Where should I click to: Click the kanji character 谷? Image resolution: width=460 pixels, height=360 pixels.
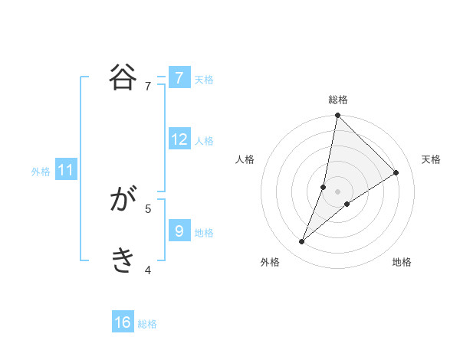pos(123,77)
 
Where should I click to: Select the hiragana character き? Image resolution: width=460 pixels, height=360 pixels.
pos(123,261)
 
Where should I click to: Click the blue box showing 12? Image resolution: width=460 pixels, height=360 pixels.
pos(179,139)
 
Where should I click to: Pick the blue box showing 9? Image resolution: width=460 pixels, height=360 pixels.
pos(179,231)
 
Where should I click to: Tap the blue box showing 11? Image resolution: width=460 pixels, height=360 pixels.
pos(66,171)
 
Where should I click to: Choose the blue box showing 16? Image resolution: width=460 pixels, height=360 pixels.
pos(123,322)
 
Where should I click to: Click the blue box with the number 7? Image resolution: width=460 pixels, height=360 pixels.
pos(179,78)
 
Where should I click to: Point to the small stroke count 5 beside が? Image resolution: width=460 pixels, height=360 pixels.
pos(148,208)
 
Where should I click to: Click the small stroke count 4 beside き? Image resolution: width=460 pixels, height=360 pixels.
pos(148,269)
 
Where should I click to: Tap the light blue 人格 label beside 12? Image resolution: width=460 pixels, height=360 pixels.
pos(204,141)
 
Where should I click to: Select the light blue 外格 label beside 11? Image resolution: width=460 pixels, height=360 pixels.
pos(41,172)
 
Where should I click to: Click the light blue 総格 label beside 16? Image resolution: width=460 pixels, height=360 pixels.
pos(147,324)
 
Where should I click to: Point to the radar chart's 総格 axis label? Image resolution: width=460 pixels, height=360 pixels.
pos(338,100)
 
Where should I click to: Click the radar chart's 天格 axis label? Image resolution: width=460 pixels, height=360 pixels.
pos(431,159)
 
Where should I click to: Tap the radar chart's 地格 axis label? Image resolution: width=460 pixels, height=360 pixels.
pos(402,262)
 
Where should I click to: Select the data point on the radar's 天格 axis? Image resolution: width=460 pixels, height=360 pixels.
pos(396,172)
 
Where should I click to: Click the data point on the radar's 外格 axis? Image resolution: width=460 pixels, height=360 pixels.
pos(302,242)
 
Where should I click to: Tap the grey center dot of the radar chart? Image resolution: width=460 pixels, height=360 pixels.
pos(338,191)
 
